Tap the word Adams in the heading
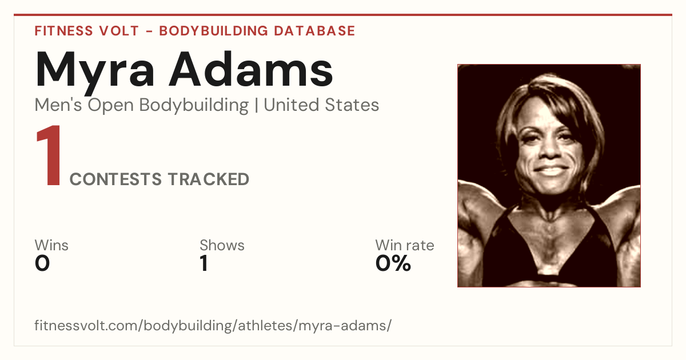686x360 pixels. click(251, 69)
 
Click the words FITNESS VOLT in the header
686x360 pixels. click(87, 31)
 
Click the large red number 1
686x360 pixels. click(49, 155)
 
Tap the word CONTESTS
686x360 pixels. click(115, 179)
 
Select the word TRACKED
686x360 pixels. click(209, 179)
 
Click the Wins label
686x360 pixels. click(51, 245)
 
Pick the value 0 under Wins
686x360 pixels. click(42, 263)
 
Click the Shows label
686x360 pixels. click(222, 245)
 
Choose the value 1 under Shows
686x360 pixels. click(204, 263)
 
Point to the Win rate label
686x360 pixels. click(405, 245)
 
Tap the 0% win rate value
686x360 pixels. click(393, 263)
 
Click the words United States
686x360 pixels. click(321, 105)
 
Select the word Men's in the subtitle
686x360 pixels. click(58, 105)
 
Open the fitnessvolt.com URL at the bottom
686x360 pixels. click(213, 325)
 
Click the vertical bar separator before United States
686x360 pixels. click(256, 106)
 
